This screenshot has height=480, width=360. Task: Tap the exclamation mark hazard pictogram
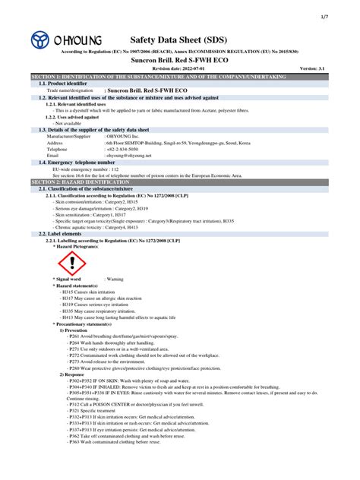pos(73,263)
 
